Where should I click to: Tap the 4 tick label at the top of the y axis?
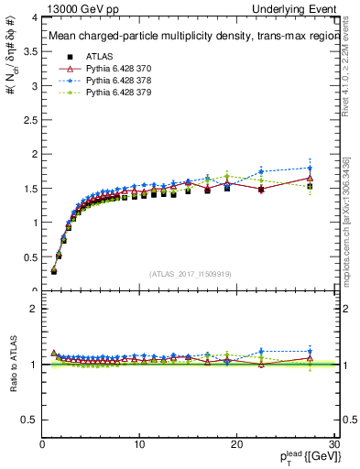pyautogui.click(x=33, y=17)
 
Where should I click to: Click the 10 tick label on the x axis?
pyautogui.click(x=139, y=445)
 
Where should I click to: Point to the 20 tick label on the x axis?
pyautogui.click(x=236, y=445)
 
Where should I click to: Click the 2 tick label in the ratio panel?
pyautogui.click(x=33, y=309)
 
